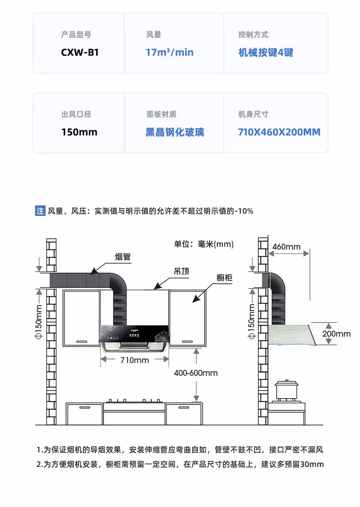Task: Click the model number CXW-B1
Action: [x=80, y=52]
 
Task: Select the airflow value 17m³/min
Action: [x=170, y=52]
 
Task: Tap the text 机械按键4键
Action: [x=266, y=52]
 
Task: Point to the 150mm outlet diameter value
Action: [x=79, y=133]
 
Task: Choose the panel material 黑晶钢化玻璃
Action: [x=175, y=133]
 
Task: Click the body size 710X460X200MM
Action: [x=279, y=133]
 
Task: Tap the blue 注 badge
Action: [x=40, y=211]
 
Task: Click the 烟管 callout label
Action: [x=123, y=257]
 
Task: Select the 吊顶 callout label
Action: [x=181, y=271]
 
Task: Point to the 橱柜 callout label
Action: [x=226, y=278]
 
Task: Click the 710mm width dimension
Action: [x=134, y=360]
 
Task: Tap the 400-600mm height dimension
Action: [x=196, y=373]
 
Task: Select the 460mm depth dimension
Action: [x=287, y=247]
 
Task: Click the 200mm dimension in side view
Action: [x=336, y=334]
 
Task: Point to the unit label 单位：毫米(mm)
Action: [x=204, y=244]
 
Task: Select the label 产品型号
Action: [x=76, y=35]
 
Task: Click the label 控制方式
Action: [x=253, y=35]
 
